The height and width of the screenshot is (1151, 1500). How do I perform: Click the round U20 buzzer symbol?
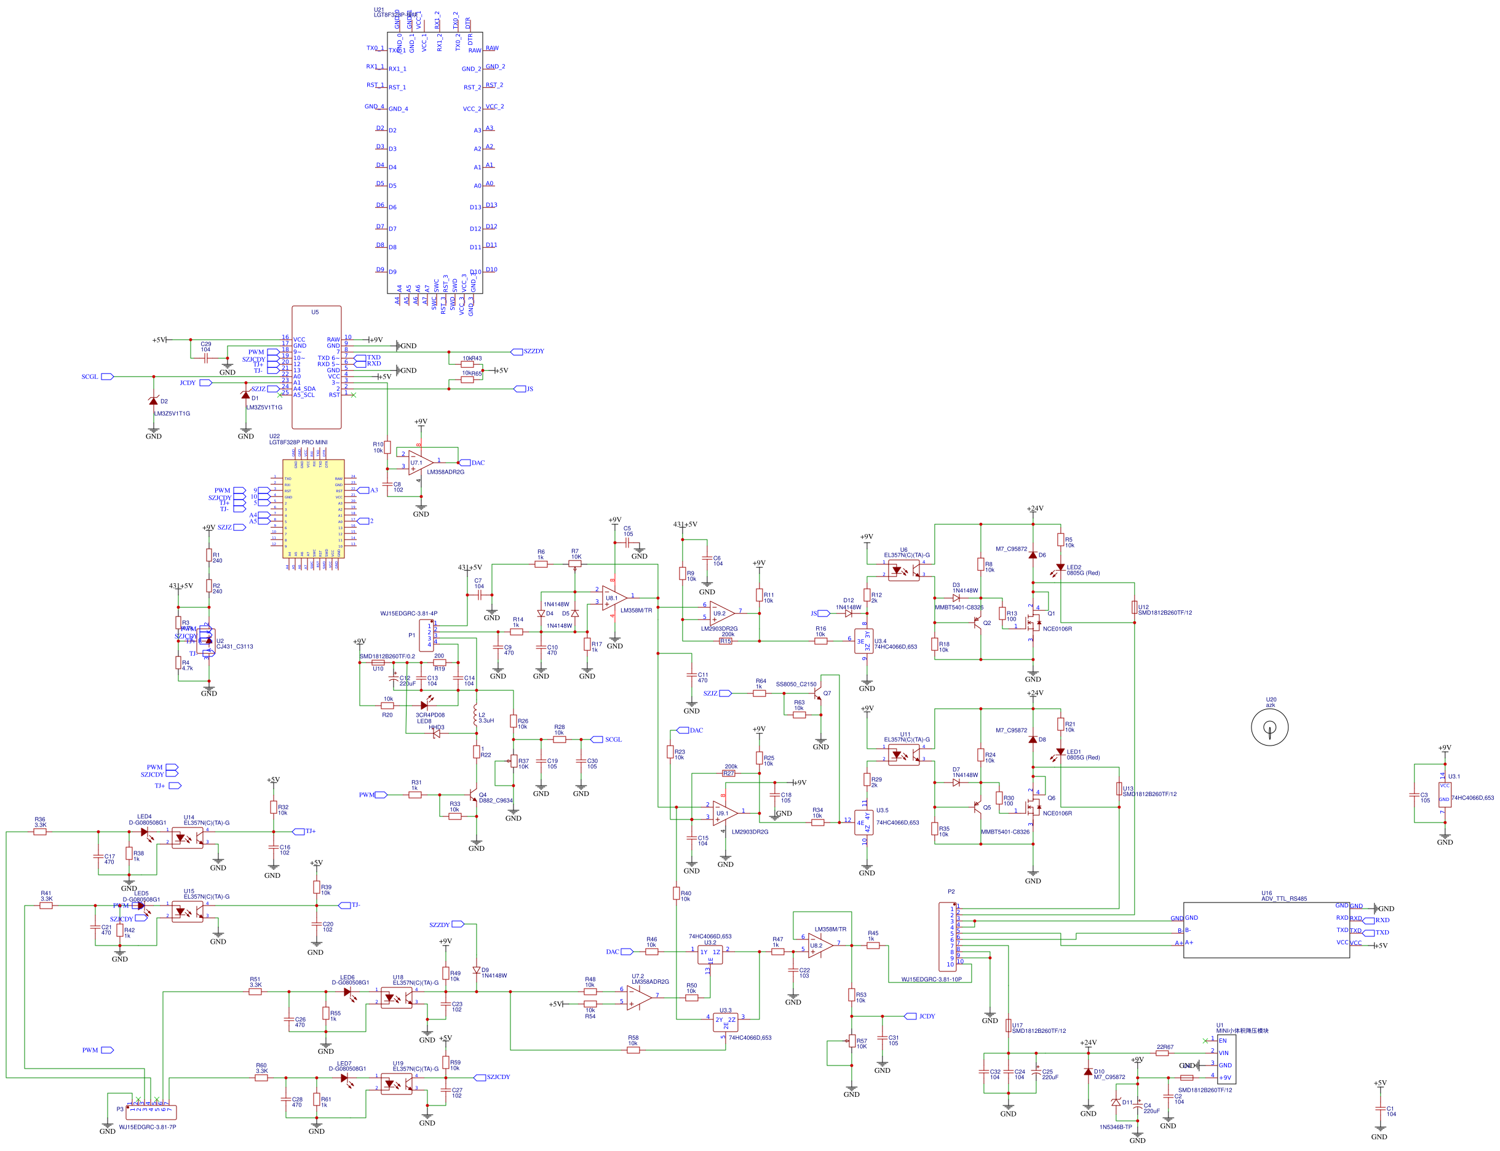click(1269, 727)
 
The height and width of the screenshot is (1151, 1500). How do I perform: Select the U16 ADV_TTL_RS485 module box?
click(1266, 930)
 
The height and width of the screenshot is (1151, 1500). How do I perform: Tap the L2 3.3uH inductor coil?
click(475, 717)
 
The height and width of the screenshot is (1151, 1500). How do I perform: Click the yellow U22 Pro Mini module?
click(313, 508)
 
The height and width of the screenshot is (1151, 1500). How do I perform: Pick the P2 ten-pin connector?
click(947, 936)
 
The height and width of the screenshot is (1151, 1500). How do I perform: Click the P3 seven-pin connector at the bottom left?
click(151, 1112)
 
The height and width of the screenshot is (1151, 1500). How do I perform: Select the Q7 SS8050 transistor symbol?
click(817, 695)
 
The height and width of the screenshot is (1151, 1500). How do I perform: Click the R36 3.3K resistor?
click(41, 832)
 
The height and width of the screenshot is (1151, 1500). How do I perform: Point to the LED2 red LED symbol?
click(1060, 567)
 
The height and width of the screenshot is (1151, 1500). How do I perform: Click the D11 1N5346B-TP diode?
click(1116, 1102)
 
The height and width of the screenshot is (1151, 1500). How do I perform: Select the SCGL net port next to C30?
click(597, 739)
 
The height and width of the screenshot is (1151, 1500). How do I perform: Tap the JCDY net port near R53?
click(910, 1016)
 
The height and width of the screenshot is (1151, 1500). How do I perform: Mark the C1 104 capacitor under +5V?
click(1379, 1110)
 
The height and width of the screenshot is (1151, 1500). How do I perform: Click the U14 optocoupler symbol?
click(187, 837)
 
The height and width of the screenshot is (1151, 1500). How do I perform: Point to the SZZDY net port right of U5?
click(517, 351)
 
